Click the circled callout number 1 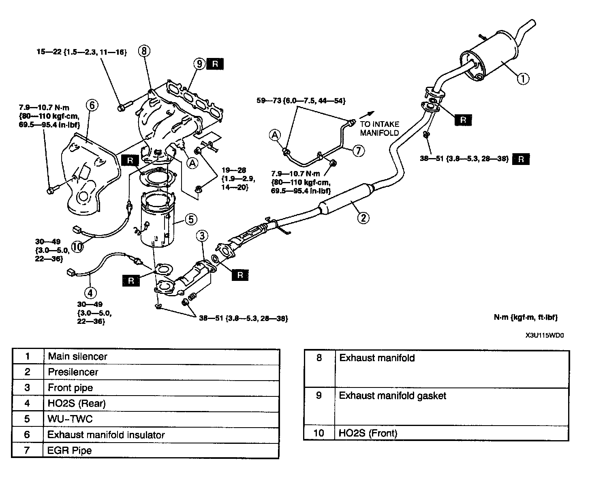coord(523,79)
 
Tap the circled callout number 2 coord(363,218)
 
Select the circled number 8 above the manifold coord(144,51)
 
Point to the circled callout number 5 coord(191,219)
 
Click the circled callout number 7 coord(358,150)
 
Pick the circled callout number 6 coord(92,105)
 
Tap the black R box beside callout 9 coord(215,64)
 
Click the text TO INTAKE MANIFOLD coord(379,128)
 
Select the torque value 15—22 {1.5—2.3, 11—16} coord(82,52)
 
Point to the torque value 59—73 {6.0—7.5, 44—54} coord(301,101)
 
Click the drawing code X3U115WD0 coord(545,335)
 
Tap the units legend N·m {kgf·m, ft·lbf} coord(526,317)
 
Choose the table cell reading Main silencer coord(162,357)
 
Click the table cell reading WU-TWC coord(161,419)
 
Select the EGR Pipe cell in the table coord(161,450)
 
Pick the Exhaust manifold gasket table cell coord(451,406)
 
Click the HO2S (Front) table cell coord(451,433)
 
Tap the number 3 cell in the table coord(28,387)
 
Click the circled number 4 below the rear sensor coord(90,293)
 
